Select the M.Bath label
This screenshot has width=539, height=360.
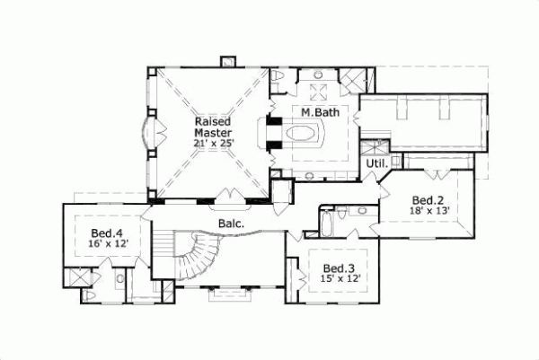pos(317,113)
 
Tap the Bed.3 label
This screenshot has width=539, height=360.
pos(337,268)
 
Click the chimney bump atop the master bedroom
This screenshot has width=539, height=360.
pos(227,62)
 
